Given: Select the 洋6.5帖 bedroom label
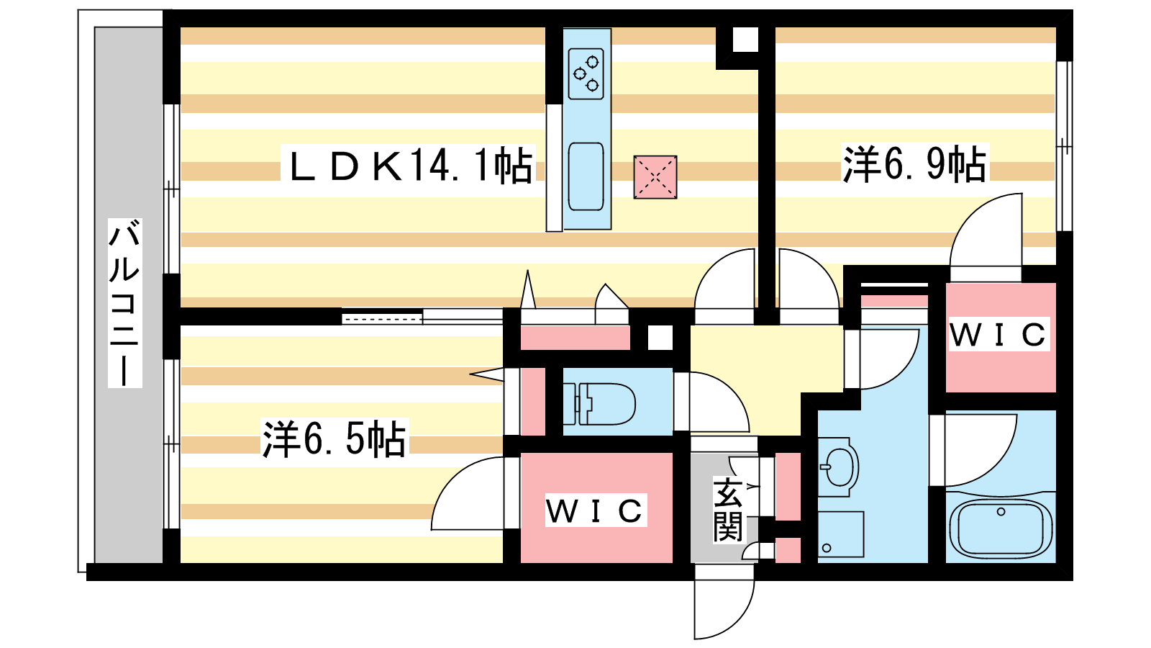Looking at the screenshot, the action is (x=335, y=438).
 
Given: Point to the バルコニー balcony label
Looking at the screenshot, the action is (x=124, y=303).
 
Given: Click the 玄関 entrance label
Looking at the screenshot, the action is (x=727, y=510).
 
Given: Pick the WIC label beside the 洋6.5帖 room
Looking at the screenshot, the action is (x=595, y=510).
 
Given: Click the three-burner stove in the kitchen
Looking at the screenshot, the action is (x=586, y=73).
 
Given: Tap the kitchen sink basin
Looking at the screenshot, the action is (x=586, y=176).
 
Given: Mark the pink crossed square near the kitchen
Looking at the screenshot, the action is (x=655, y=177).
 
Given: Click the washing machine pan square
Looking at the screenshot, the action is (x=841, y=534).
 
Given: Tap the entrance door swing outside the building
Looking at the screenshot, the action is (x=724, y=602).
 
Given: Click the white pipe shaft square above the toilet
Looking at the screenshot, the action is (x=660, y=338).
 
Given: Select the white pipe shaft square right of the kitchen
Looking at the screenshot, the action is (x=745, y=40).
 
